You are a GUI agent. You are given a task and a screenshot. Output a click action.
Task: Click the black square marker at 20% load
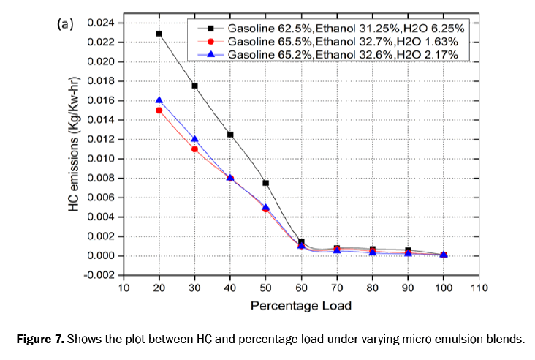tap(159, 33)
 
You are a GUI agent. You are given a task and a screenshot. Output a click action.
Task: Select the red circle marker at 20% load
tap(159, 110)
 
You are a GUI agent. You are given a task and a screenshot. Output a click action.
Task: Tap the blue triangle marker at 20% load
tap(159, 100)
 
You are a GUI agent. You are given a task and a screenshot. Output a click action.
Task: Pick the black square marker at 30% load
tap(194, 86)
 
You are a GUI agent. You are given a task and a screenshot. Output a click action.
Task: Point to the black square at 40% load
tap(230, 135)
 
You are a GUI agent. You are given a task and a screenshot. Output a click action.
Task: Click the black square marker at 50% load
tap(265, 183)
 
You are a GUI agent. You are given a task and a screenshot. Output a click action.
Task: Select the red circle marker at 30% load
tap(194, 149)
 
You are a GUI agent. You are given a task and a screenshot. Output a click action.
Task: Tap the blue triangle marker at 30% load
tap(194, 139)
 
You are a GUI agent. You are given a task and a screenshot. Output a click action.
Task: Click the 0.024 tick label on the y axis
tap(99, 23)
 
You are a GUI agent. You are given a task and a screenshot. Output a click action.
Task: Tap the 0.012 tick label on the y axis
tap(99, 139)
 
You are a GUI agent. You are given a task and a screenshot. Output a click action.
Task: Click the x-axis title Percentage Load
tap(300, 304)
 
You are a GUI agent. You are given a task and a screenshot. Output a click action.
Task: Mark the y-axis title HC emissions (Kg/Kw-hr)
tap(74, 149)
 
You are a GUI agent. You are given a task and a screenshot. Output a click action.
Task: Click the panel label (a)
tap(65, 23)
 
